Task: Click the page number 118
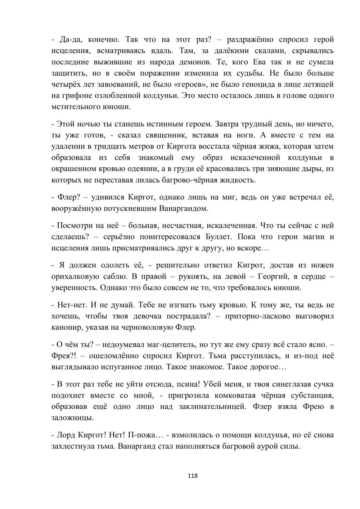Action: pyautogui.click(x=193, y=476)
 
